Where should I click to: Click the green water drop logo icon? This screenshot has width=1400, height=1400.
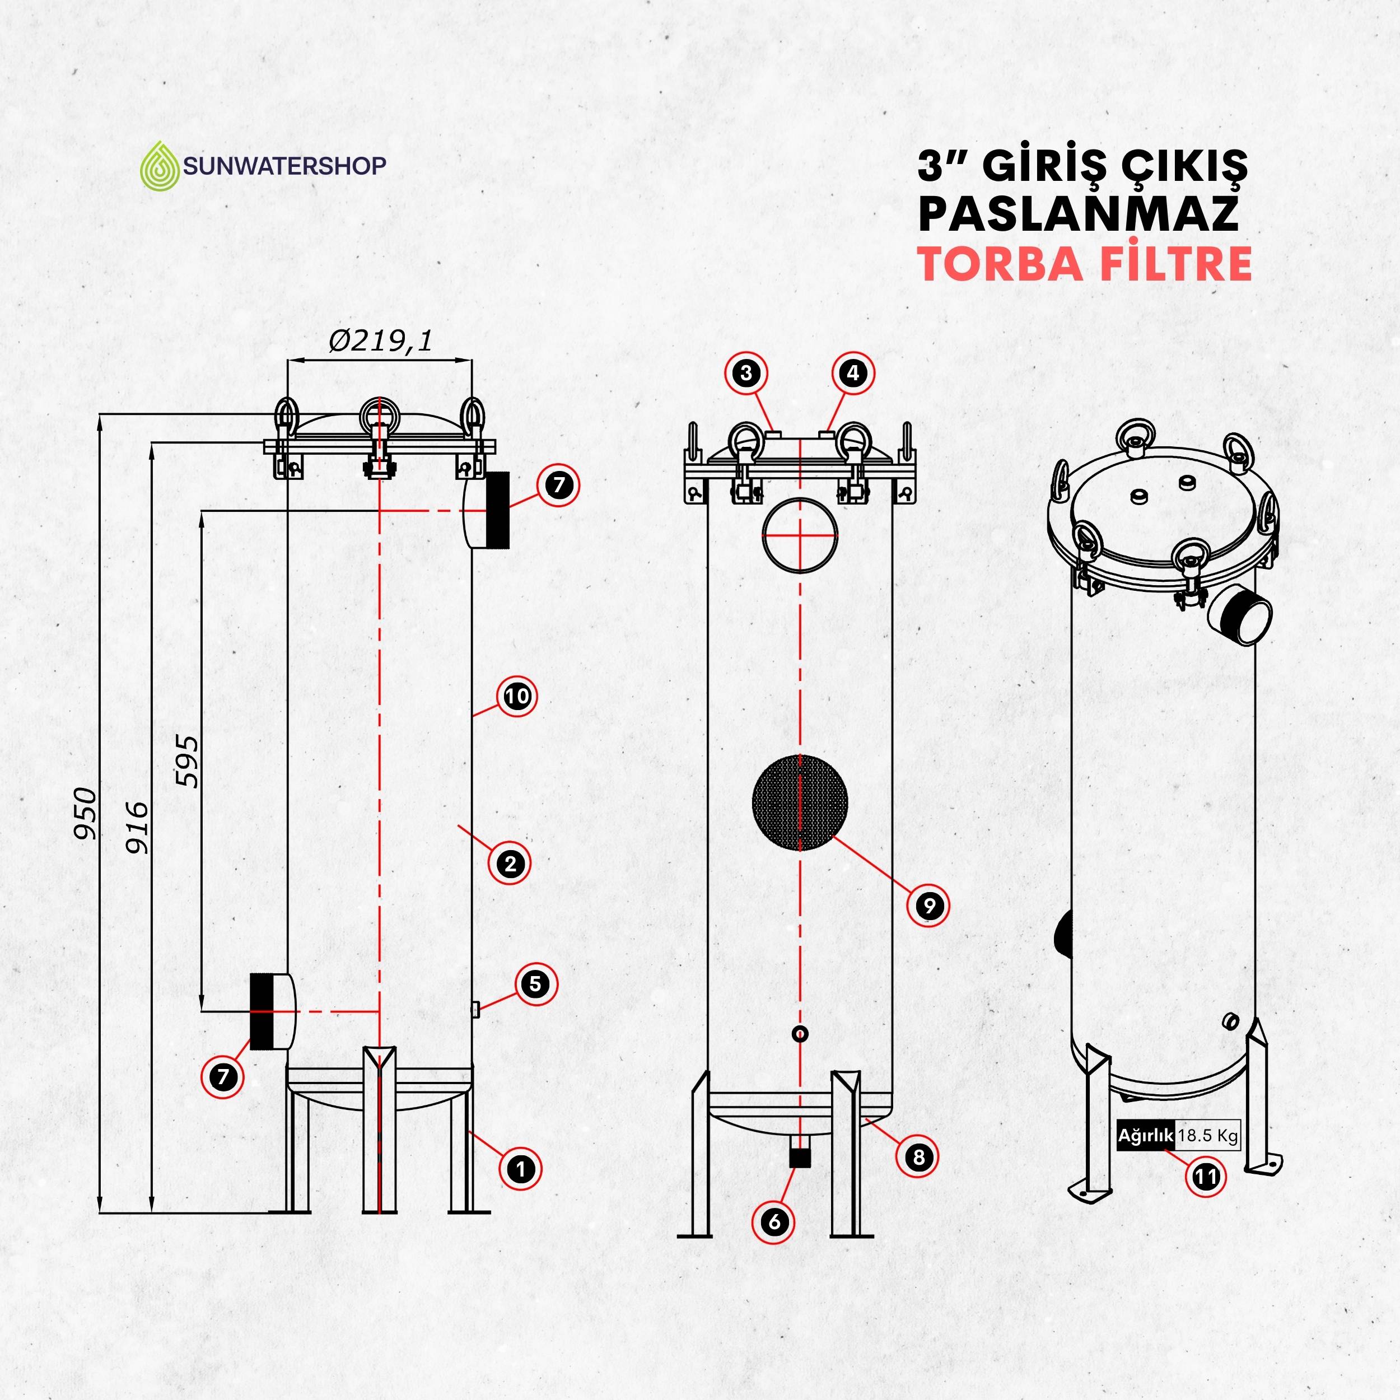[x=160, y=165]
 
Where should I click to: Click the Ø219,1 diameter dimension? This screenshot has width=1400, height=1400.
[x=380, y=340]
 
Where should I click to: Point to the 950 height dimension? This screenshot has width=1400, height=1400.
[x=86, y=813]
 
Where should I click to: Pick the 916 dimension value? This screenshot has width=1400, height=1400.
[x=137, y=826]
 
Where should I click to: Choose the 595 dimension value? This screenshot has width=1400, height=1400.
[x=187, y=761]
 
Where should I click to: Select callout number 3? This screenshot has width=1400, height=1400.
[x=746, y=373]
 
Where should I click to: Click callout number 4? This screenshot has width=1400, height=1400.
[x=853, y=373]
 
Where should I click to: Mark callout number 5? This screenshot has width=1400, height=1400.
[x=535, y=983]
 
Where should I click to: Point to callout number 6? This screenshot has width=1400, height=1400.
[x=774, y=1222]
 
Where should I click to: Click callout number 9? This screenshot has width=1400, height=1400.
[x=928, y=905]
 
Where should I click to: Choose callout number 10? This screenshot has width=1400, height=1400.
[x=517, y=697]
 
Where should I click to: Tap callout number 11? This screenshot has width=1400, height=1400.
[x=1206, y=1176]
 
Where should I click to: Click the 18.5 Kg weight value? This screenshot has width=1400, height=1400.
[x=1207, y=1136]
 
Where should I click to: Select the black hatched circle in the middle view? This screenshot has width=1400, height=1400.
[x=800, y=802]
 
